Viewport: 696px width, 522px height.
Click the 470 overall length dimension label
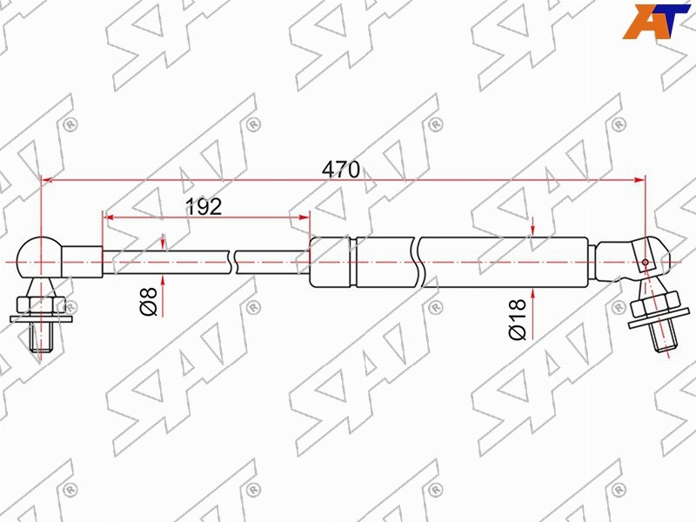pos(341,169)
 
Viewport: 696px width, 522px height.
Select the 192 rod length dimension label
pos(204,206)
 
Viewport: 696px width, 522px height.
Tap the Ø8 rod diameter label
pos(149,301)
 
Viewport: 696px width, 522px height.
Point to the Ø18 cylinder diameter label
pos(518,319)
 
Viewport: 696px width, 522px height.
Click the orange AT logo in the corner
pos(655,21)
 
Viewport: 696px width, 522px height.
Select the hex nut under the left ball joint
pos(40,306)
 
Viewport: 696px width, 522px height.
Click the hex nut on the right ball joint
pos(655,304)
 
